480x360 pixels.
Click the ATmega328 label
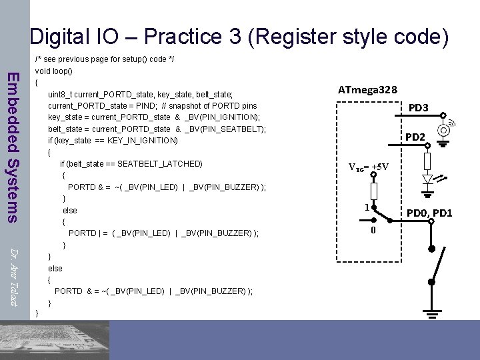coord(368,89)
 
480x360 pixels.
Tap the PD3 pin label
coord(418,107)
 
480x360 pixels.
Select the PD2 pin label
coord(416,137)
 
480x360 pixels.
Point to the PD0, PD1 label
coord(430,213)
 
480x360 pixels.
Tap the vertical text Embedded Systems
coord(13,147)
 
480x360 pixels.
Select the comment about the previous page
coord(105,59)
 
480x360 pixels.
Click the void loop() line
coord(53,71)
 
